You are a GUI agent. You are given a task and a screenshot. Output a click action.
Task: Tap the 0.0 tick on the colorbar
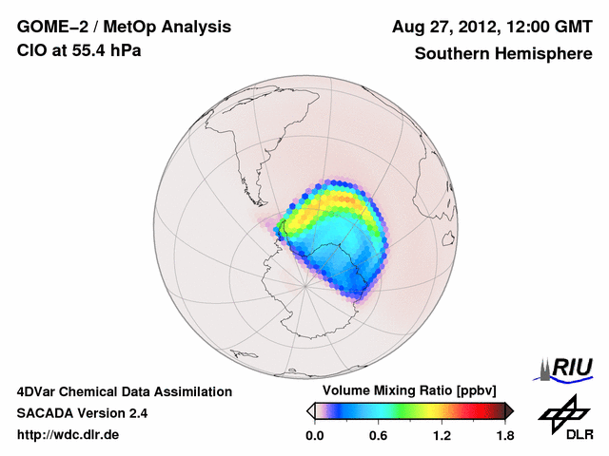315,436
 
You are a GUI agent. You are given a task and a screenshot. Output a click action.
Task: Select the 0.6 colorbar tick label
378,436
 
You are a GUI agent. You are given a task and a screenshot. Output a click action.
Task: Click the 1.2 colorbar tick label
442,436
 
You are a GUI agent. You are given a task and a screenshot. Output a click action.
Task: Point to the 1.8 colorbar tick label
504,436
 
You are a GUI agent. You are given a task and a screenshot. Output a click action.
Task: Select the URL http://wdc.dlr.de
69,435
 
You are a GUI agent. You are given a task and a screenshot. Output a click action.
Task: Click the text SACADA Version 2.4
82,413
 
